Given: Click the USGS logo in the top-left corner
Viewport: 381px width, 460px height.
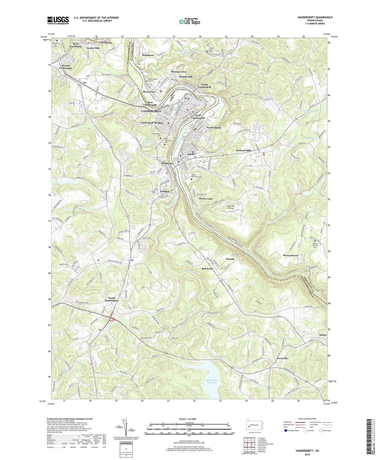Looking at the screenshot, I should [x=58, y=20].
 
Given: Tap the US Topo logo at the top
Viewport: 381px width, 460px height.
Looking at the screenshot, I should [x=189, y=22].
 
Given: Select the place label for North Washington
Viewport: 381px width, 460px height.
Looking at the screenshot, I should [x=111, y=299].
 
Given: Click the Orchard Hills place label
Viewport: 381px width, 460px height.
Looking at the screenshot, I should [x=243, y=150].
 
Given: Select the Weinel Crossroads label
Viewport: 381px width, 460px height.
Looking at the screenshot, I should [x=66, y=67].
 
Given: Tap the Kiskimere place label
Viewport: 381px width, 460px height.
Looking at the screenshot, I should [x=148, y=55].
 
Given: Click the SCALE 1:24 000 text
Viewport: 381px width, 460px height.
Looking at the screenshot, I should [x=187, y=419].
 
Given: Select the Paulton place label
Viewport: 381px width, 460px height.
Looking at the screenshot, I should [x=165, y=191].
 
